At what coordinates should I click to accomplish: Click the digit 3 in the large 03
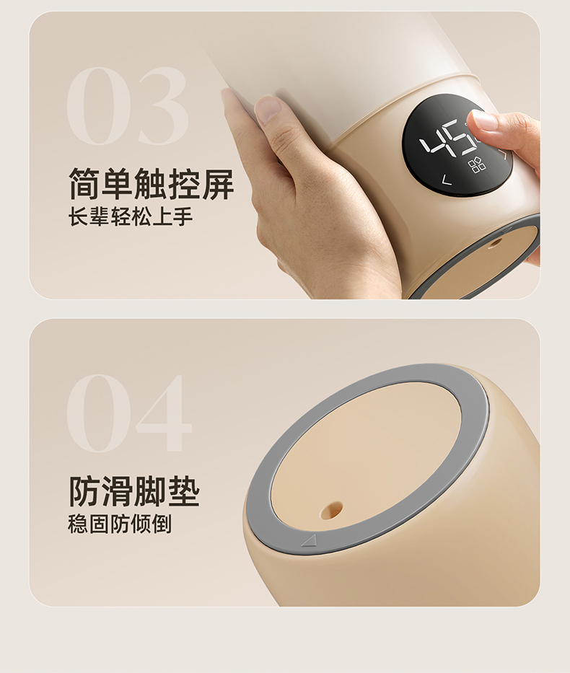[x=162, y=106]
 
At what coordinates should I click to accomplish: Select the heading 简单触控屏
[x=151, y=184]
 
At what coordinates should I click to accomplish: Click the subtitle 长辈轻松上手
[x=131, y=216]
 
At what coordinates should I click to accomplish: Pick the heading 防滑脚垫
[x=134, y=491]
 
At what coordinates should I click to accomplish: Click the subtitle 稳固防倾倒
[x=120, y=524]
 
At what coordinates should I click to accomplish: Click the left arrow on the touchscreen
[x=447, y=180]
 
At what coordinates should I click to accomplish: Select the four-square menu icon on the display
[x=477, y=165]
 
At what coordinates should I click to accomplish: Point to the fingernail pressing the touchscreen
[x=483, y=120]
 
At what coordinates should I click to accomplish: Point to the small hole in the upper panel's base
[x=495, y=243]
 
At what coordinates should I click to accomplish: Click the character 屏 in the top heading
[x=218, y=184]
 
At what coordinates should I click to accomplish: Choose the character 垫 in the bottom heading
[x=184, y=491]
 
